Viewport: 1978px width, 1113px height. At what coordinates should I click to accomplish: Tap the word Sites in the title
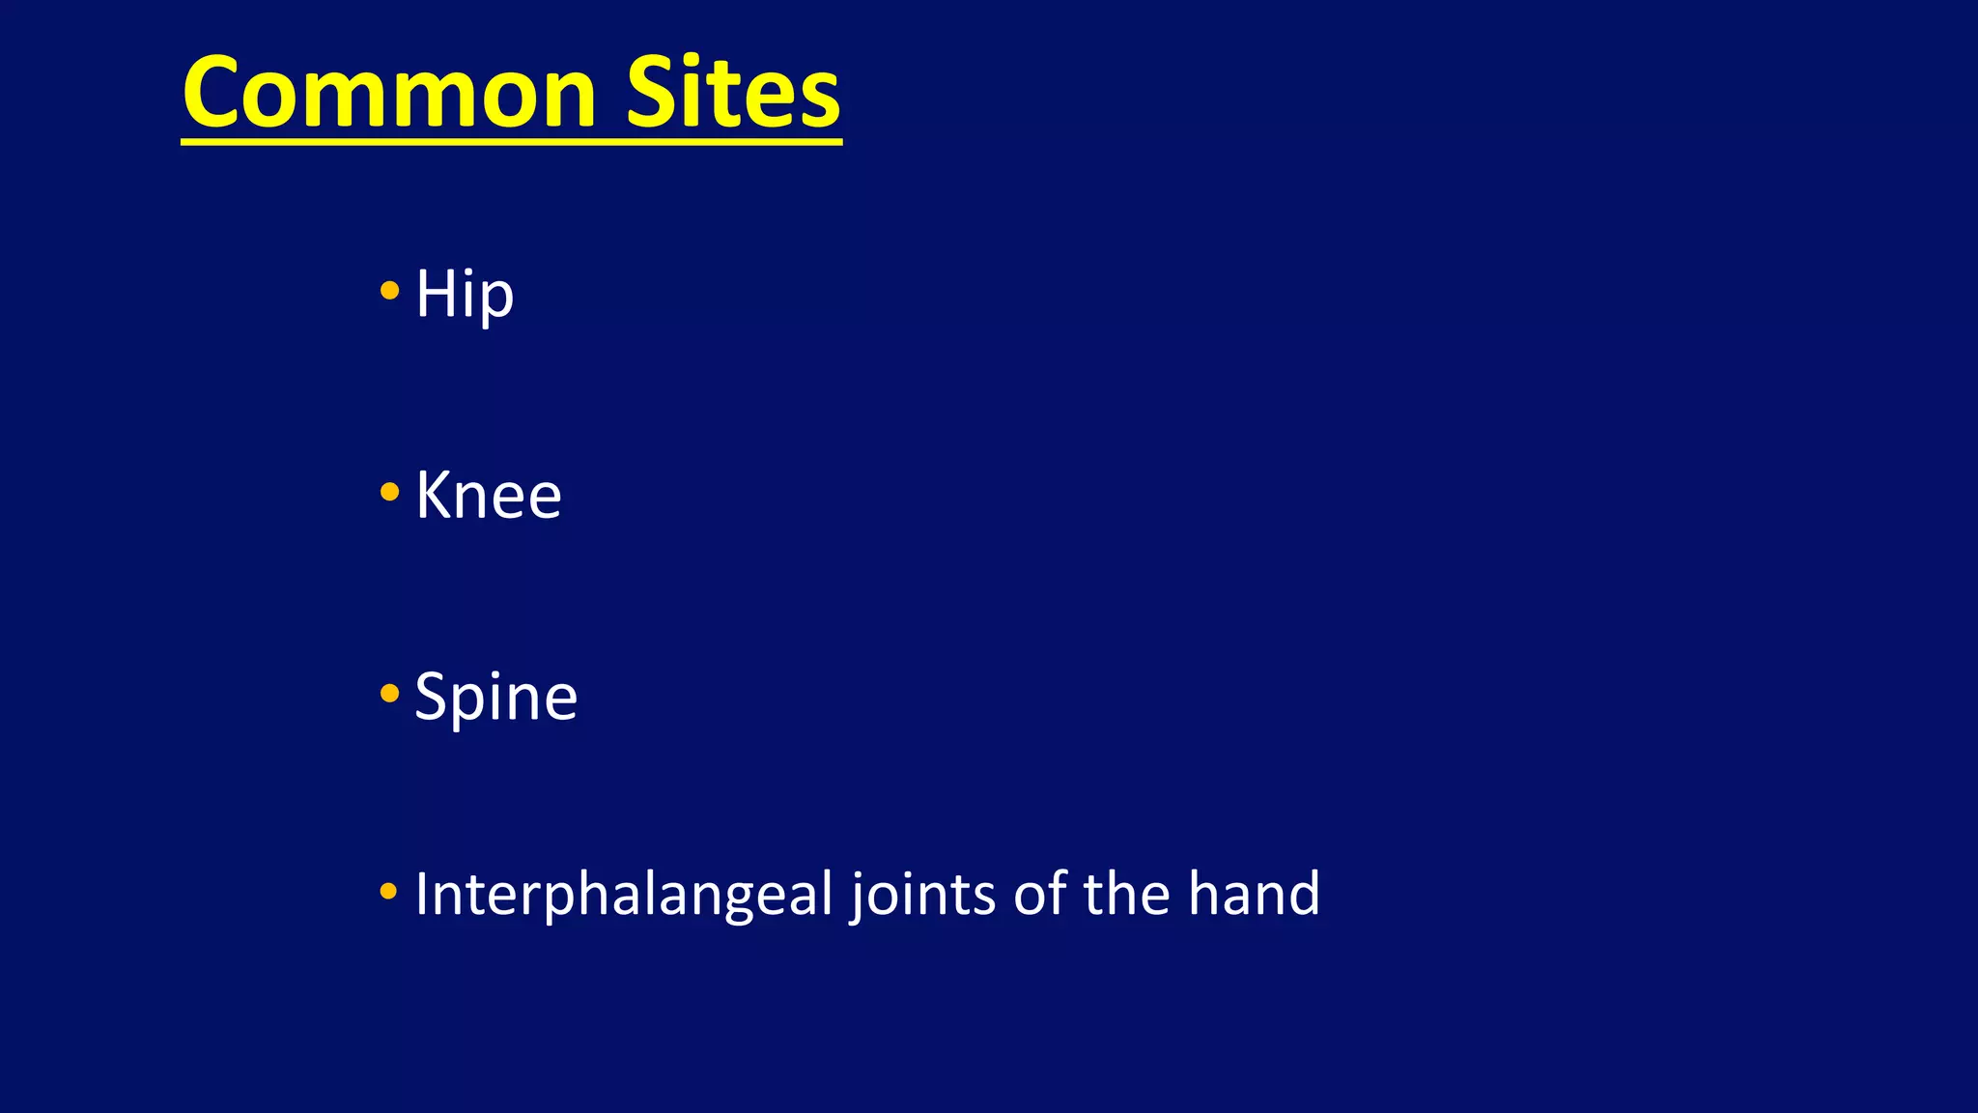click(733, 93)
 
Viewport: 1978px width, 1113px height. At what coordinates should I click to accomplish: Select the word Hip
click(464, 294)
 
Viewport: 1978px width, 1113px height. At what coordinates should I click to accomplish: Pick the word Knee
click(488, 496)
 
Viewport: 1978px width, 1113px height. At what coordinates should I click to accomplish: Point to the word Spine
click(495, 698)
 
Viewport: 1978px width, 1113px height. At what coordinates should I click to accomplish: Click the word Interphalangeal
click(624, 894)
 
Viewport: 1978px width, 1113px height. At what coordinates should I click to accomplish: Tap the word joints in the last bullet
click(923, 894)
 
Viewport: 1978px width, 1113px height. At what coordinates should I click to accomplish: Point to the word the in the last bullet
click(1126, 894)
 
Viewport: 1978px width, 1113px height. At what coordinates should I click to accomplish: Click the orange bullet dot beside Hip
click(389, 290)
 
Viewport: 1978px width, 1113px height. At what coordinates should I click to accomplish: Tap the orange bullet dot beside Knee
click(389, 492)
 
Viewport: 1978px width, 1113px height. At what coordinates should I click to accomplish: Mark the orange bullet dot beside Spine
click(389, 693)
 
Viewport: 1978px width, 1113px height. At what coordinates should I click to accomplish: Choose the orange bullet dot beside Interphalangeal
click(389, 891)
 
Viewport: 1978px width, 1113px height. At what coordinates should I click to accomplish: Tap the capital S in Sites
click(654, 93)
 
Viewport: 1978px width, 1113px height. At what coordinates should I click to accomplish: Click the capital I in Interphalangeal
click(420, 894)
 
